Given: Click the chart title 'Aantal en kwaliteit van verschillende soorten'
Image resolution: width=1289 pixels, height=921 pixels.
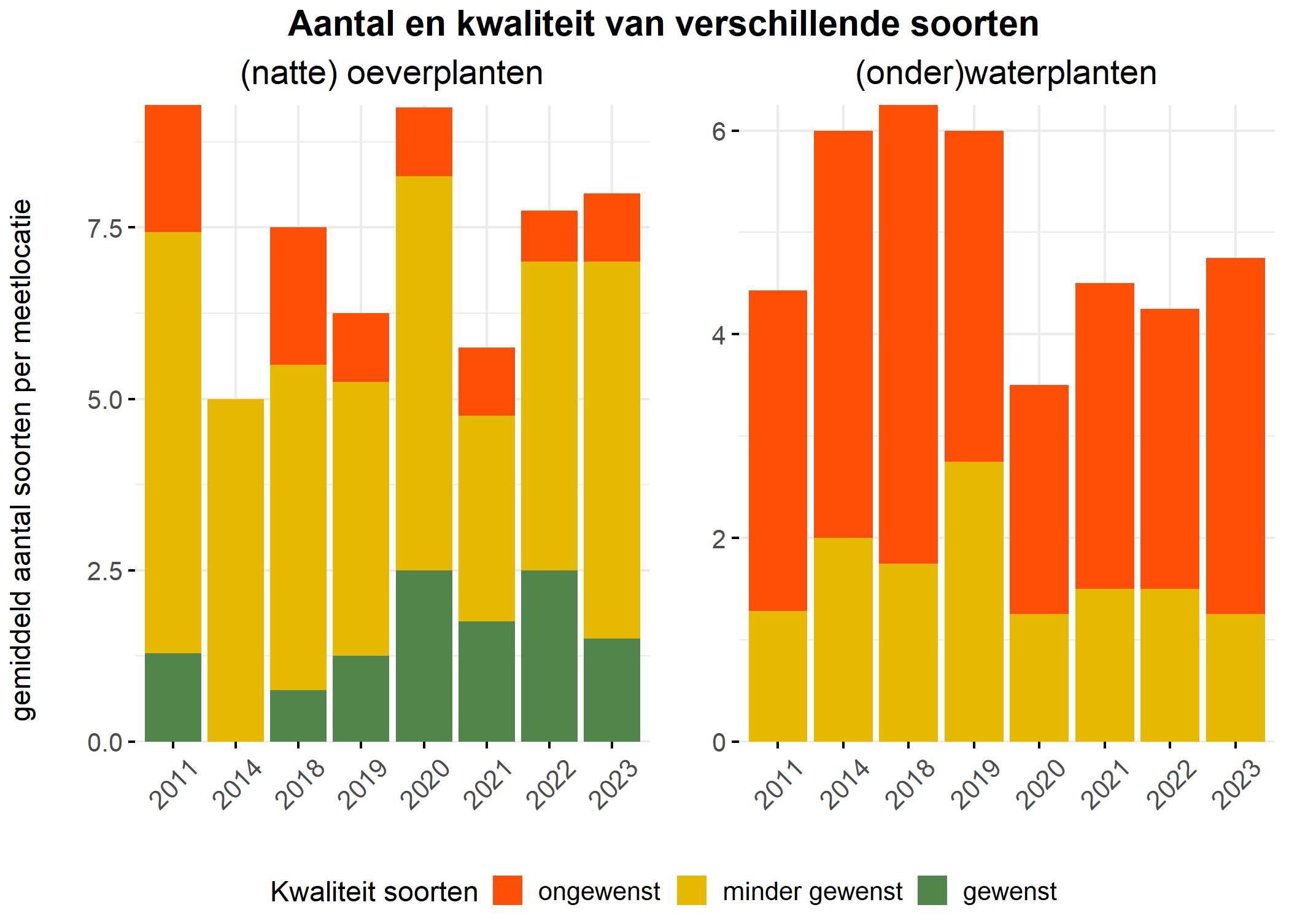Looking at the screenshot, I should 663,25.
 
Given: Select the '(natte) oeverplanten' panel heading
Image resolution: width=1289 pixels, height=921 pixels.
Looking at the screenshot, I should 392,73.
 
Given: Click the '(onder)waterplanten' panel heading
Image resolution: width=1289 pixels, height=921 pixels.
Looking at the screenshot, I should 1005,73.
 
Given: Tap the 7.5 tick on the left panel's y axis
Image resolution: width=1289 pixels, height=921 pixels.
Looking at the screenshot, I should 106,228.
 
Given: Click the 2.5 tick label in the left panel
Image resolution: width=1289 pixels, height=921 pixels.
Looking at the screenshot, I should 106,571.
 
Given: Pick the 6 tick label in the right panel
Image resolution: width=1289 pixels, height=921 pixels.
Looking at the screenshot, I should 719,131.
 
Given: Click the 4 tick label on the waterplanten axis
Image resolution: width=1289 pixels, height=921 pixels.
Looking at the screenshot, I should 719,335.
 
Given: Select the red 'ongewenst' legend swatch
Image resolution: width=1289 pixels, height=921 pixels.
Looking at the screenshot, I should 507,890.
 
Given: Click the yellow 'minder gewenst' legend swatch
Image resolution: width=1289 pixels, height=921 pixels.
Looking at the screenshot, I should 692,890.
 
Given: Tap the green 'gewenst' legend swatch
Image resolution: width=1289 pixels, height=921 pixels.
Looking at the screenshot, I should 932,890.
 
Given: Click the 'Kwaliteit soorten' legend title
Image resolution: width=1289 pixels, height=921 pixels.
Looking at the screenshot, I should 374,892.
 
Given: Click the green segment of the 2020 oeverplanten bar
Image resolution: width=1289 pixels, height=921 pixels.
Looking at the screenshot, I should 424,656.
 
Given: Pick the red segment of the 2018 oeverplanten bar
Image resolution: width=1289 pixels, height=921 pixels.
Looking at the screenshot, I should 298,296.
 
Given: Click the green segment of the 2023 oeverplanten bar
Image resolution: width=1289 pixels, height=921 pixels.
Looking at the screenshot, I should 612,690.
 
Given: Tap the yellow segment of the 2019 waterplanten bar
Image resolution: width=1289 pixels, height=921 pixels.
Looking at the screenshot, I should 974,602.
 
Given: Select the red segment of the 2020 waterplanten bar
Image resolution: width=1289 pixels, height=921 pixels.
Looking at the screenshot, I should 1039,499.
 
